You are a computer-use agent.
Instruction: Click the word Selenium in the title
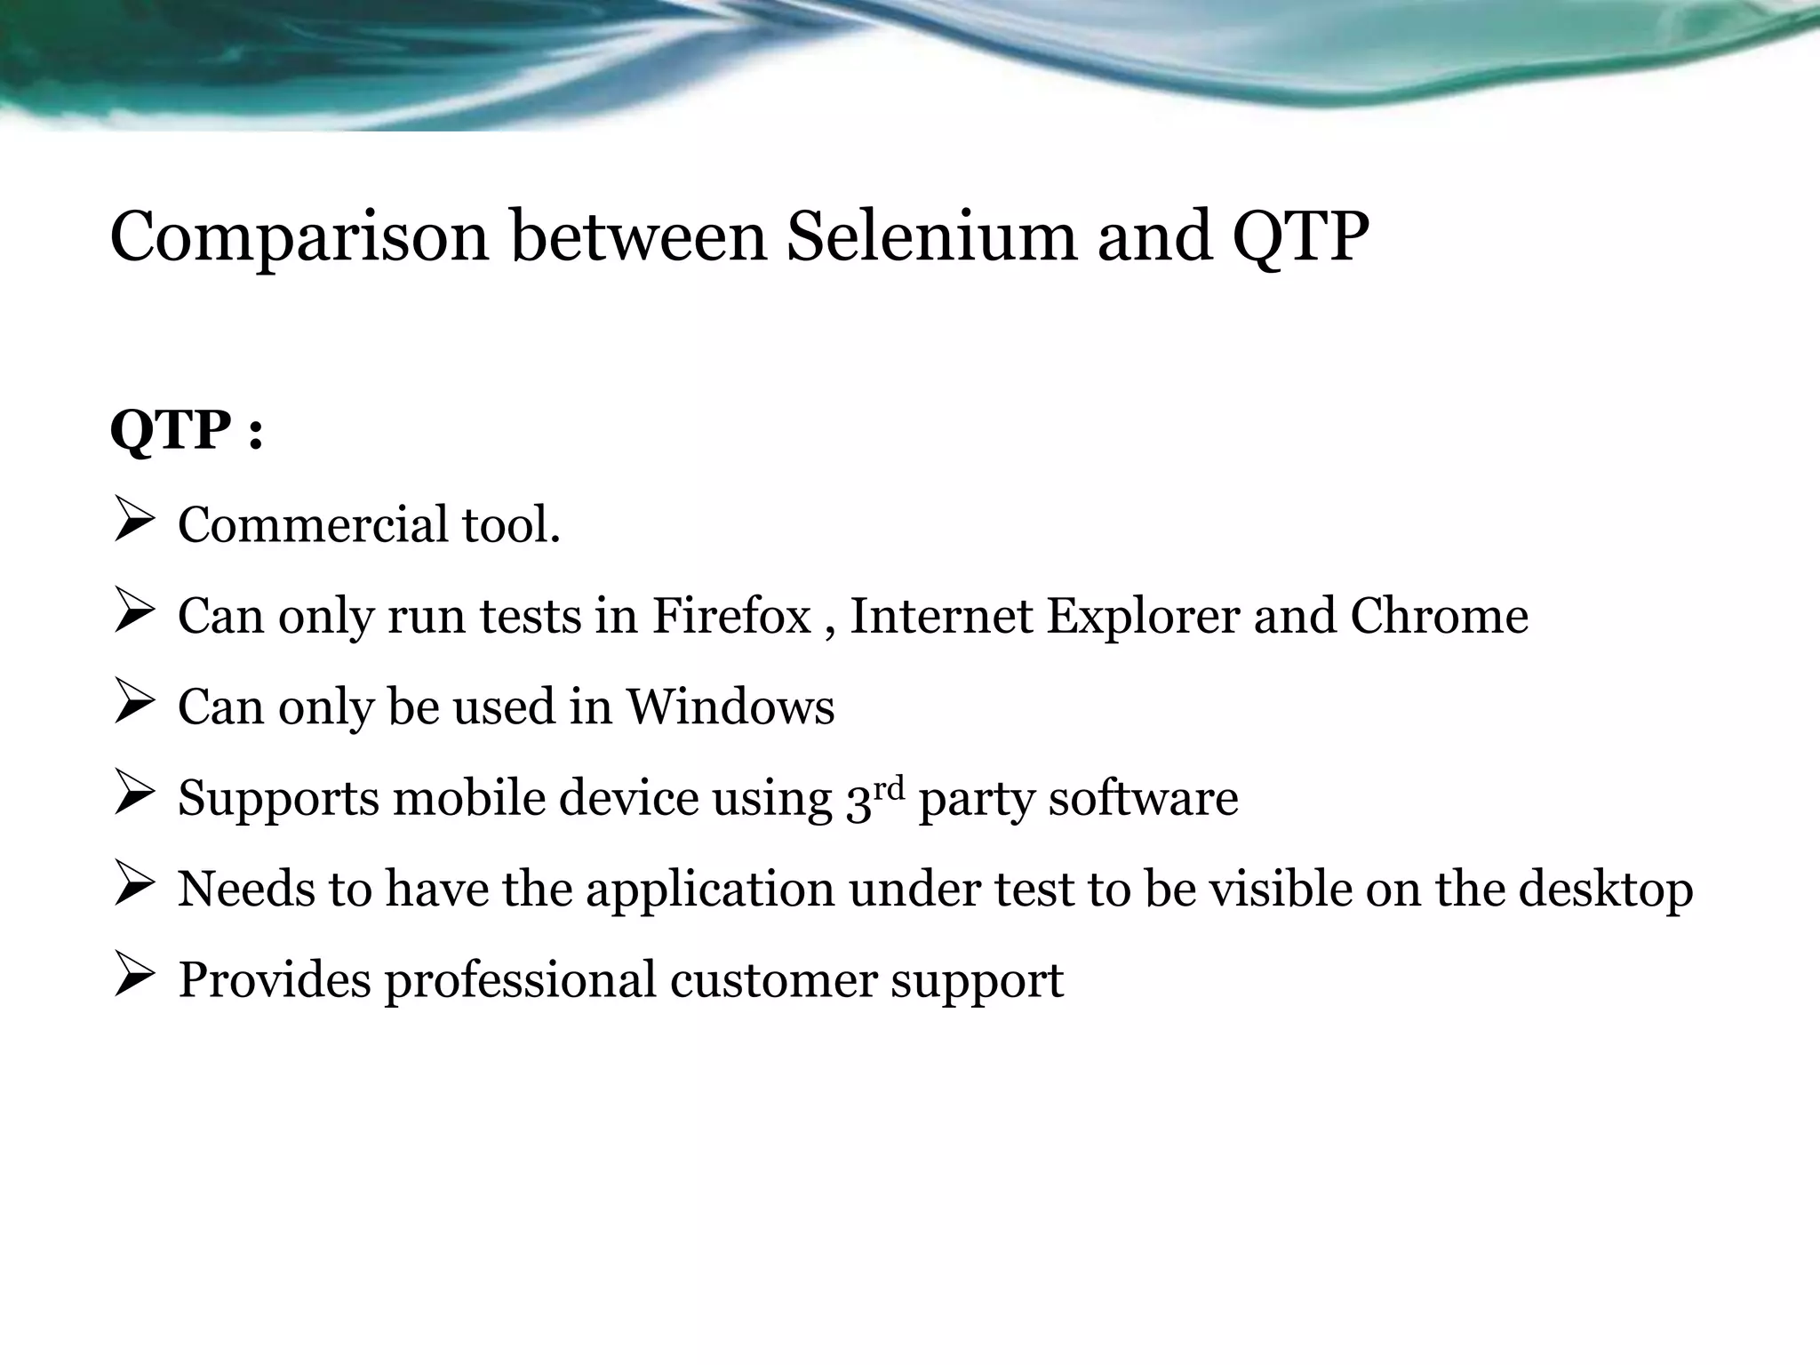click(930, 237)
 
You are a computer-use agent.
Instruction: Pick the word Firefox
click(731, 615)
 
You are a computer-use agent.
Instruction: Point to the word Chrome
click(1439, 615)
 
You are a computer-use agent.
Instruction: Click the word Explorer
click(1142, 617)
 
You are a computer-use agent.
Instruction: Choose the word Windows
click(730, 706)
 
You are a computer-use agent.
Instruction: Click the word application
click(709, 890)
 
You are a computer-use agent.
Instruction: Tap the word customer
click(773, 980)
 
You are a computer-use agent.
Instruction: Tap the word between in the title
click(638, 237)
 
